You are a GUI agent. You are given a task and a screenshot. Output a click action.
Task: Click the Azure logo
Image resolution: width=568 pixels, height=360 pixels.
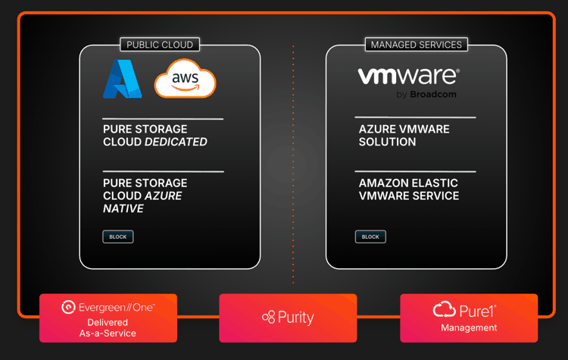point(122,79)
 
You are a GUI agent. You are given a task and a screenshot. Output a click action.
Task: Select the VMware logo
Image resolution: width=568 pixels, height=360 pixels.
point(407,76)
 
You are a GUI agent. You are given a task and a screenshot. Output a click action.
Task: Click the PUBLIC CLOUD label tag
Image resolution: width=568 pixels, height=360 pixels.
point(160,45)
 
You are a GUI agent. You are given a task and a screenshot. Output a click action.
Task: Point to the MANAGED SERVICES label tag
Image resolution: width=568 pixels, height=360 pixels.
point(416,45)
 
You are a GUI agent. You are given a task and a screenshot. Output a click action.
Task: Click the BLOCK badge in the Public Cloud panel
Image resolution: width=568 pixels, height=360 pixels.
point(118,236)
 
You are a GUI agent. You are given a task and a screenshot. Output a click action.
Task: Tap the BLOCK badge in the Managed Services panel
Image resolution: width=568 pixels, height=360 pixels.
point(370,236)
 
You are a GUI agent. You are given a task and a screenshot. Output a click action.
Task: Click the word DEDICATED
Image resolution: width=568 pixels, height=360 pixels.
point(176,142)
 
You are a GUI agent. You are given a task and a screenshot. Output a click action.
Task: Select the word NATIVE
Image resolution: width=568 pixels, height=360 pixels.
point(123,208)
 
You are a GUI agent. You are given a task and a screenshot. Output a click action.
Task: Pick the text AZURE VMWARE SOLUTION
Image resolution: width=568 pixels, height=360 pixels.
point(404,136)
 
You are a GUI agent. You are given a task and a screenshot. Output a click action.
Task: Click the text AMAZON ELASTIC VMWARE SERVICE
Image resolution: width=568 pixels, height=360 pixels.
point(409,189)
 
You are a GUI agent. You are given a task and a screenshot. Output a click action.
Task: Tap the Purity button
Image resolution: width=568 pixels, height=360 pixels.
point(288,318)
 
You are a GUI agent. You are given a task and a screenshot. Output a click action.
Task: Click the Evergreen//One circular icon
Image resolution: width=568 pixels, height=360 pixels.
point(68,308)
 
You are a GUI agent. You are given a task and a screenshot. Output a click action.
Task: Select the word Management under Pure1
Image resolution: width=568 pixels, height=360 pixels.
point(469,328)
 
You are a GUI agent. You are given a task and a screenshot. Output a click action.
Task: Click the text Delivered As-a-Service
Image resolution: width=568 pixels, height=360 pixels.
point(108,328)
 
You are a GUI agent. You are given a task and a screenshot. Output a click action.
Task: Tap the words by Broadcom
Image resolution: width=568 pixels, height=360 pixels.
point(426,95)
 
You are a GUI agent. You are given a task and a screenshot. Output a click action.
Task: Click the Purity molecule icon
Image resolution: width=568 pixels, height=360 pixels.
point(268,318)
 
